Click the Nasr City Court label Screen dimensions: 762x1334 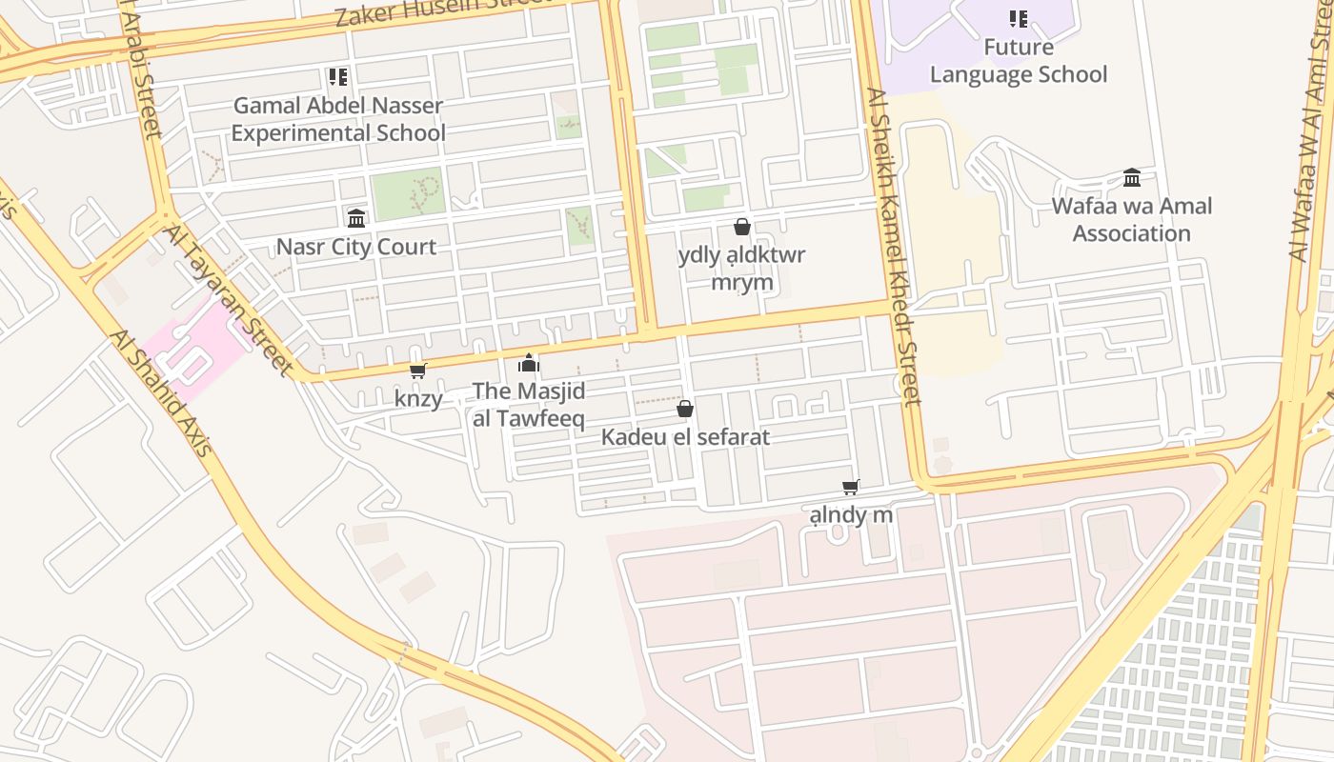(356, 247)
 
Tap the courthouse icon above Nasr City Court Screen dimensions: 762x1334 (356, 219)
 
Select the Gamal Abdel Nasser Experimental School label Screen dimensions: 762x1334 (338, 119)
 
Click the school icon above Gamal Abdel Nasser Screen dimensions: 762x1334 (337, 76)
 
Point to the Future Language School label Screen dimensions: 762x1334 (1019, 61)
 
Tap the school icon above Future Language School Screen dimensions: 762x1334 (1019, 19)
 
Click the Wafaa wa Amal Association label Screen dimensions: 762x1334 (1132, 220)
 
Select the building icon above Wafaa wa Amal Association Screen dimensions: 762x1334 (1132, 178)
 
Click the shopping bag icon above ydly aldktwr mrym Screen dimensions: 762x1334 (741, 227)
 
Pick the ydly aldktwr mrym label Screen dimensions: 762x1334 (741, 269)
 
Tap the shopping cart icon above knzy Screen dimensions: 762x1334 (417, 371)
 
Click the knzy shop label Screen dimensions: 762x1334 (418, 398)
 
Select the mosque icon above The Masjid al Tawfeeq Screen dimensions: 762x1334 (529, 363)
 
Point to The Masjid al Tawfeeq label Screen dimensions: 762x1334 (529, 405)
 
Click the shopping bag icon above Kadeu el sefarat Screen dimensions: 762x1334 (684, 409)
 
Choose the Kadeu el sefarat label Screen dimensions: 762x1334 (685, 437)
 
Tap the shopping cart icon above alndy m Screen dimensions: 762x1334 (851, 488)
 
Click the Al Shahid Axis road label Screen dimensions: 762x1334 (159, 392)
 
